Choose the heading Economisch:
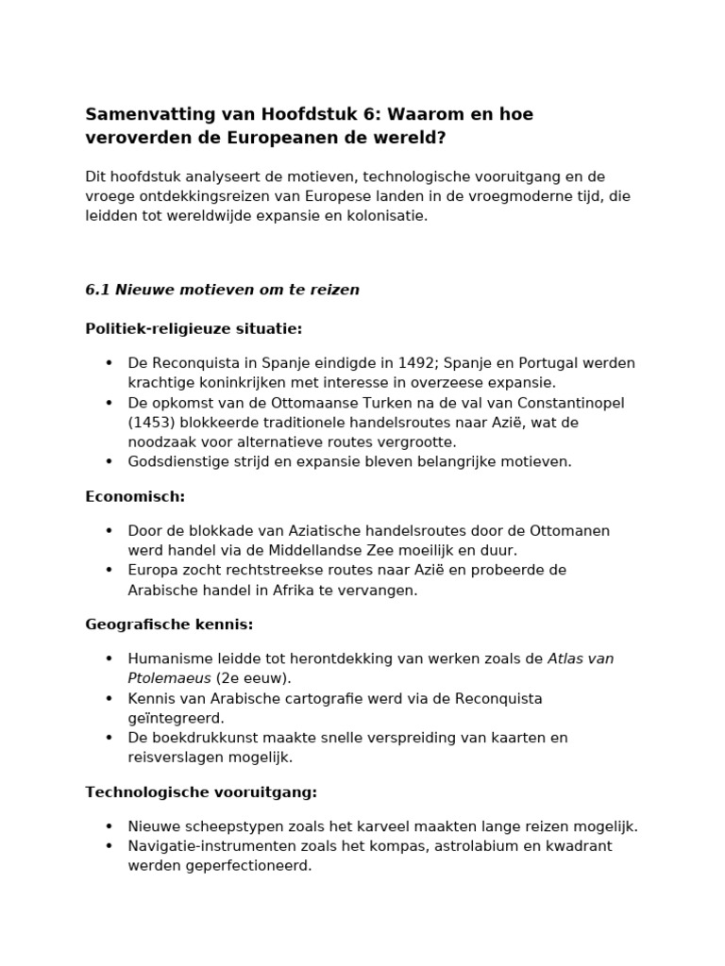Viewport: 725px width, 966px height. pyautogui.click(x=135, y=496)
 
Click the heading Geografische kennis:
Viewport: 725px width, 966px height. pyautogui.click(x=169, y=625)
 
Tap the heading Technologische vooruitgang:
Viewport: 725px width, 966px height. pyautogui.click(x=201, y=792)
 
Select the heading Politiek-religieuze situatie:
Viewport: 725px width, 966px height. pyautogui.click(x=194, y=328)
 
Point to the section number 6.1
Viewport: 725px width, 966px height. pyautogui.click(x=97, y=290)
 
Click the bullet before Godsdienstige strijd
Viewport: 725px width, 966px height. pyautogui.click(x=109, y=461)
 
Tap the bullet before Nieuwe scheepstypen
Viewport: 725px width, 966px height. pyautogui.click(x=109, y=826)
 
